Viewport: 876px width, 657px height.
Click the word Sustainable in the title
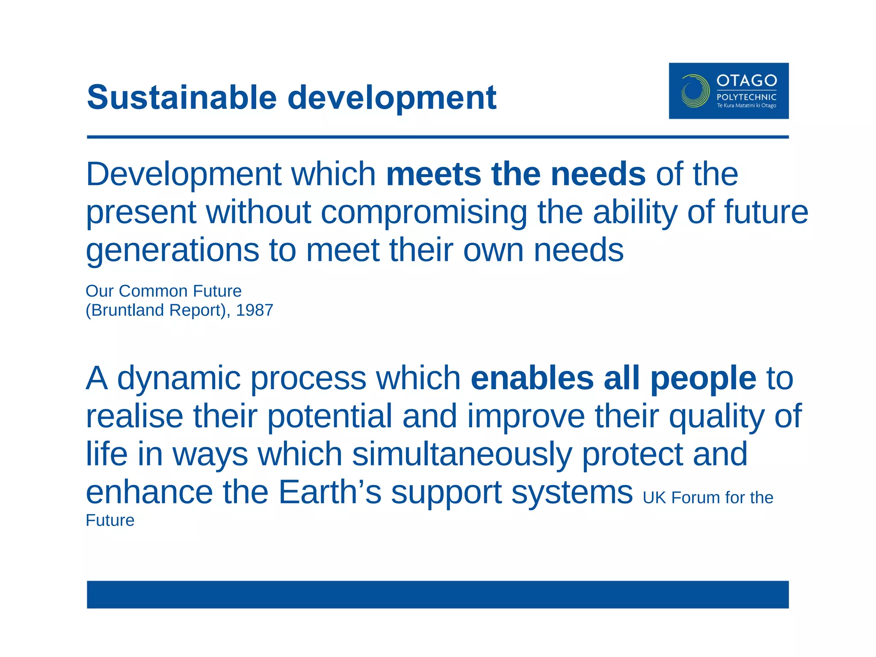click(x=182, y=98)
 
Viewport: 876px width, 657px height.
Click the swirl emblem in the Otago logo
click(x=695, y=91)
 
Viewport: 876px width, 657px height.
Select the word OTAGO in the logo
click(x=746, y=80)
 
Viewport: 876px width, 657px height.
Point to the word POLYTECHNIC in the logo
click(x=746, y=97)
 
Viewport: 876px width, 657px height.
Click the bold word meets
click(x=433, y=174)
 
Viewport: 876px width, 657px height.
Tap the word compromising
click(x=423, y=213)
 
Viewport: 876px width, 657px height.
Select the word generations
click(x=172, y=251)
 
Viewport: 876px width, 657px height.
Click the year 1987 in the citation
click(x=255, y=310)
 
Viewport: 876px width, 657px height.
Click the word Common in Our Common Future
click(x=153, y=291)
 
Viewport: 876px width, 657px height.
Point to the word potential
click(x=329, y=416)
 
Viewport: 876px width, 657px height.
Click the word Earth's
click(x=329, y=492)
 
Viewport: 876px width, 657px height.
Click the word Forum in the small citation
click(x=695, y=498)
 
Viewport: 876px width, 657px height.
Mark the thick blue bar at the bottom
click(x=438, y=594)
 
